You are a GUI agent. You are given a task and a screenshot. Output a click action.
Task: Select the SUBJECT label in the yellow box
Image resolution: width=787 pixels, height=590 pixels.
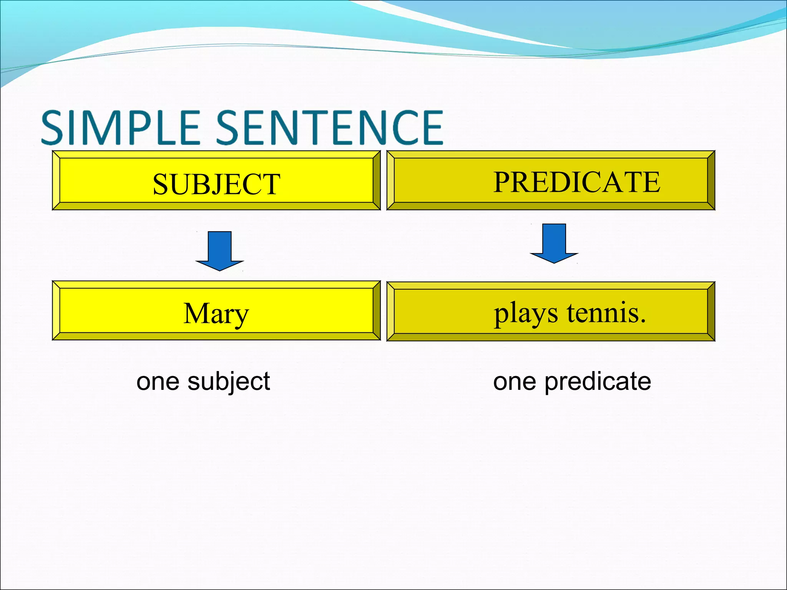pos(216,184)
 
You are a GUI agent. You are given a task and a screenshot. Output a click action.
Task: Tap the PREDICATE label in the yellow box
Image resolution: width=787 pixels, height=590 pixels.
pos(577,182)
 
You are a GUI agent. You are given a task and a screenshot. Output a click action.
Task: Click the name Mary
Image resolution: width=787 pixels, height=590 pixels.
pos(216,314)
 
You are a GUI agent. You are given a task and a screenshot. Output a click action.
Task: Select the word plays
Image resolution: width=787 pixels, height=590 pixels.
pos(526,314)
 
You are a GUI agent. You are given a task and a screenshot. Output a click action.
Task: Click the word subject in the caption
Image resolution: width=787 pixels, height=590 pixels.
pos(229,382)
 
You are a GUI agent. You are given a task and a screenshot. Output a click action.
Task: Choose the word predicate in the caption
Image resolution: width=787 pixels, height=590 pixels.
pos(598,382)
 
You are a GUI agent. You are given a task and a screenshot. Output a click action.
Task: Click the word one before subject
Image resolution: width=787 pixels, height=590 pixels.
pos(158,382)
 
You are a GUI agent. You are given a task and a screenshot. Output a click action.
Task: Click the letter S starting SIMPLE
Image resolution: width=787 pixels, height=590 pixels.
pos(52,128)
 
